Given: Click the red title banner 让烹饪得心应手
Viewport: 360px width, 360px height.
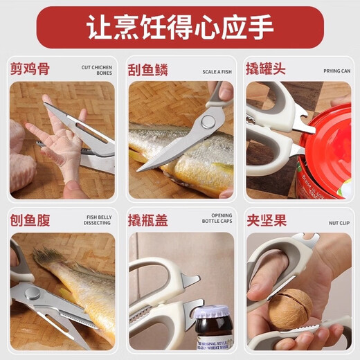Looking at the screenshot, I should (180, 28).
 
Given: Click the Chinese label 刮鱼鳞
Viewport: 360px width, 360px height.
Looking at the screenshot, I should (148, 70).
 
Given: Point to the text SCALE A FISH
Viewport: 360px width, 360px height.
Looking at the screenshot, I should (218, 71).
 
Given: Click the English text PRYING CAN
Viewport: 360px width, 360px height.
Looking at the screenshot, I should (336, 71).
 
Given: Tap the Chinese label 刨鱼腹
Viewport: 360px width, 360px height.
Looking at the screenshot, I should (30, 220).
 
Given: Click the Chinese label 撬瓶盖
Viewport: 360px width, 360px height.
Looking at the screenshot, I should (148, 220).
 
